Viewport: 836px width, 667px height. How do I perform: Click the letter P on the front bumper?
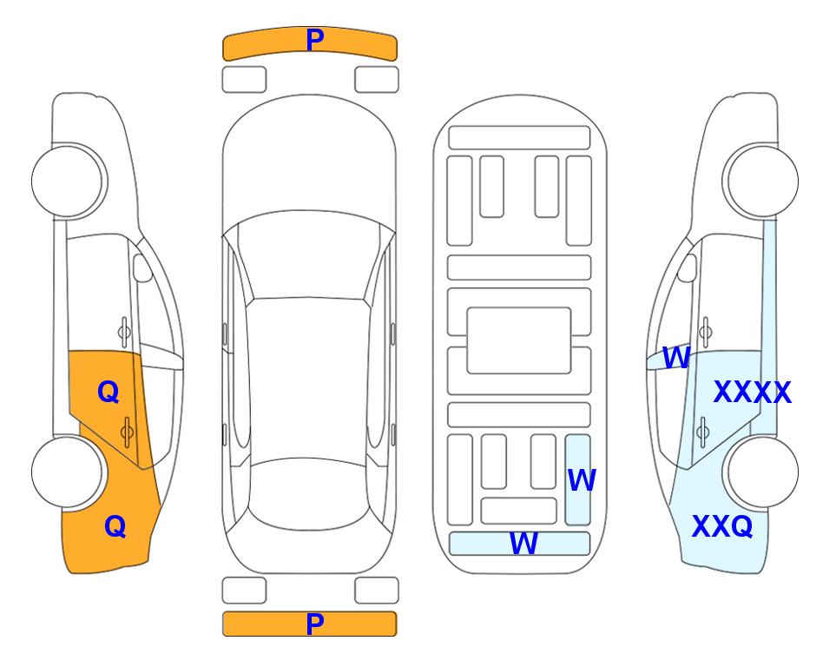315,39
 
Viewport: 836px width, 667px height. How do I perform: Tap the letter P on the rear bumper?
315,624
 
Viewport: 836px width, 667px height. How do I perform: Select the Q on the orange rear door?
109,393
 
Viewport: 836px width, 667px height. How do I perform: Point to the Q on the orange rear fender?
115,526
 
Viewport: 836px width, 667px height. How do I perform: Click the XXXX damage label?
752,393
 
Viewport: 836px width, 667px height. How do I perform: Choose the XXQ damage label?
722,526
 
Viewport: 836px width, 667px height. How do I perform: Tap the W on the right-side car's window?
676,358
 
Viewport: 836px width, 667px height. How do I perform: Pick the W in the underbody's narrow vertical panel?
582,480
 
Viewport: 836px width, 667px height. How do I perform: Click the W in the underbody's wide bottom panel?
523,544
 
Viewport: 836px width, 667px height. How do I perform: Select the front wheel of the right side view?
760,181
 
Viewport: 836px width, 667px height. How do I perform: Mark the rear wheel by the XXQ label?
760,472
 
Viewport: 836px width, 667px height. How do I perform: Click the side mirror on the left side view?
142,267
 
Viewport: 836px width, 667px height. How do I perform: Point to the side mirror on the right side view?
687,267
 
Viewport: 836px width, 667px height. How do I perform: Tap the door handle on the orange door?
127,432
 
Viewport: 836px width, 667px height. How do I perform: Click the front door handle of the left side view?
124,332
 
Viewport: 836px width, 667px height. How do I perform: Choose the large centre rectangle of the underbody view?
519,340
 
